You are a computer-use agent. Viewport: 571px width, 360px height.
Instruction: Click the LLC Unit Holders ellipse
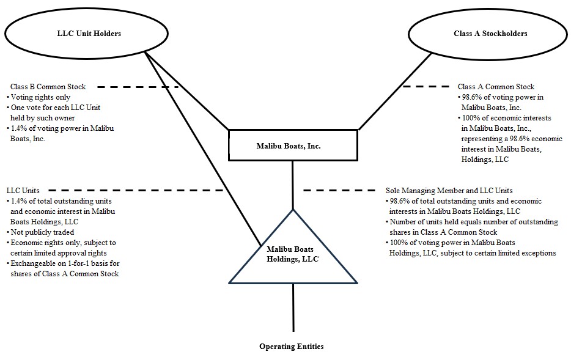(76, 34)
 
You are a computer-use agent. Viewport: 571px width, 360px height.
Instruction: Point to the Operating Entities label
(291, 347)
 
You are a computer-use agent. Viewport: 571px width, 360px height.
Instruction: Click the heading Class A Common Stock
(496, 87)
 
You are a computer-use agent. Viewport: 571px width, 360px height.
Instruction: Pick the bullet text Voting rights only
(40, 97)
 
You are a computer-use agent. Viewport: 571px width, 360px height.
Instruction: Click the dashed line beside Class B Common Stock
(138, 87)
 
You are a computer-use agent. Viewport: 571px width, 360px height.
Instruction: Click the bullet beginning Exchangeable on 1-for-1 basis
(64, 269)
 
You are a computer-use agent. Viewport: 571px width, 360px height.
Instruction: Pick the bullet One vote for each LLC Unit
(55, 112)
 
